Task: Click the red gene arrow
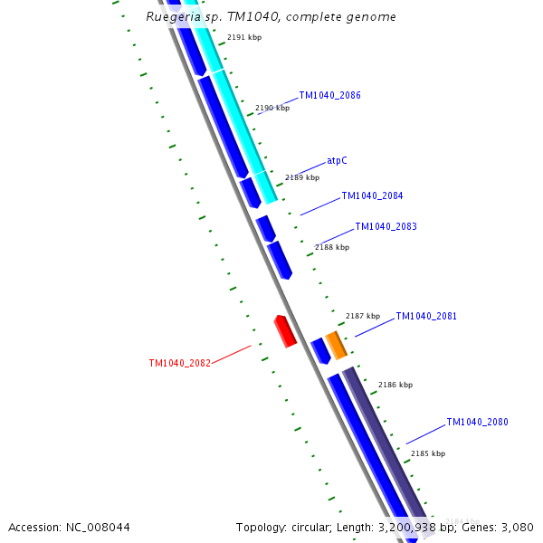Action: [x=285, y=330]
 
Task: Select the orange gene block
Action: [x=336, y=345]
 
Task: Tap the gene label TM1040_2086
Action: [x=329, y=95]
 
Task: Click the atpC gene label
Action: [x=337, y=160]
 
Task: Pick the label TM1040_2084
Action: [x=372, y=195]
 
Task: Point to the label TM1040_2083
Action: [x=386, y=226]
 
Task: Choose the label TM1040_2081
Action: [x=425, y=317]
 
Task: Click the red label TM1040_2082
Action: [x=179, y=363]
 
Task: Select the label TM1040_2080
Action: [x=477, y=422]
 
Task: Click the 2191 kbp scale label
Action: [x=243, y=37]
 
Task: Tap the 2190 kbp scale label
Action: [x=272, y=108]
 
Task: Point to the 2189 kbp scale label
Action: [x=302, y=177]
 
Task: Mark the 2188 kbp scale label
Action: [x=332, y=247]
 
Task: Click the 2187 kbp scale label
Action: [x=363, y=316]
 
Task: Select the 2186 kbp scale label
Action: [x=395, y=385]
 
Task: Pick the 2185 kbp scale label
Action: [x=428, y=453]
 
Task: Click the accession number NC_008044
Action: [x=97, y=527]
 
